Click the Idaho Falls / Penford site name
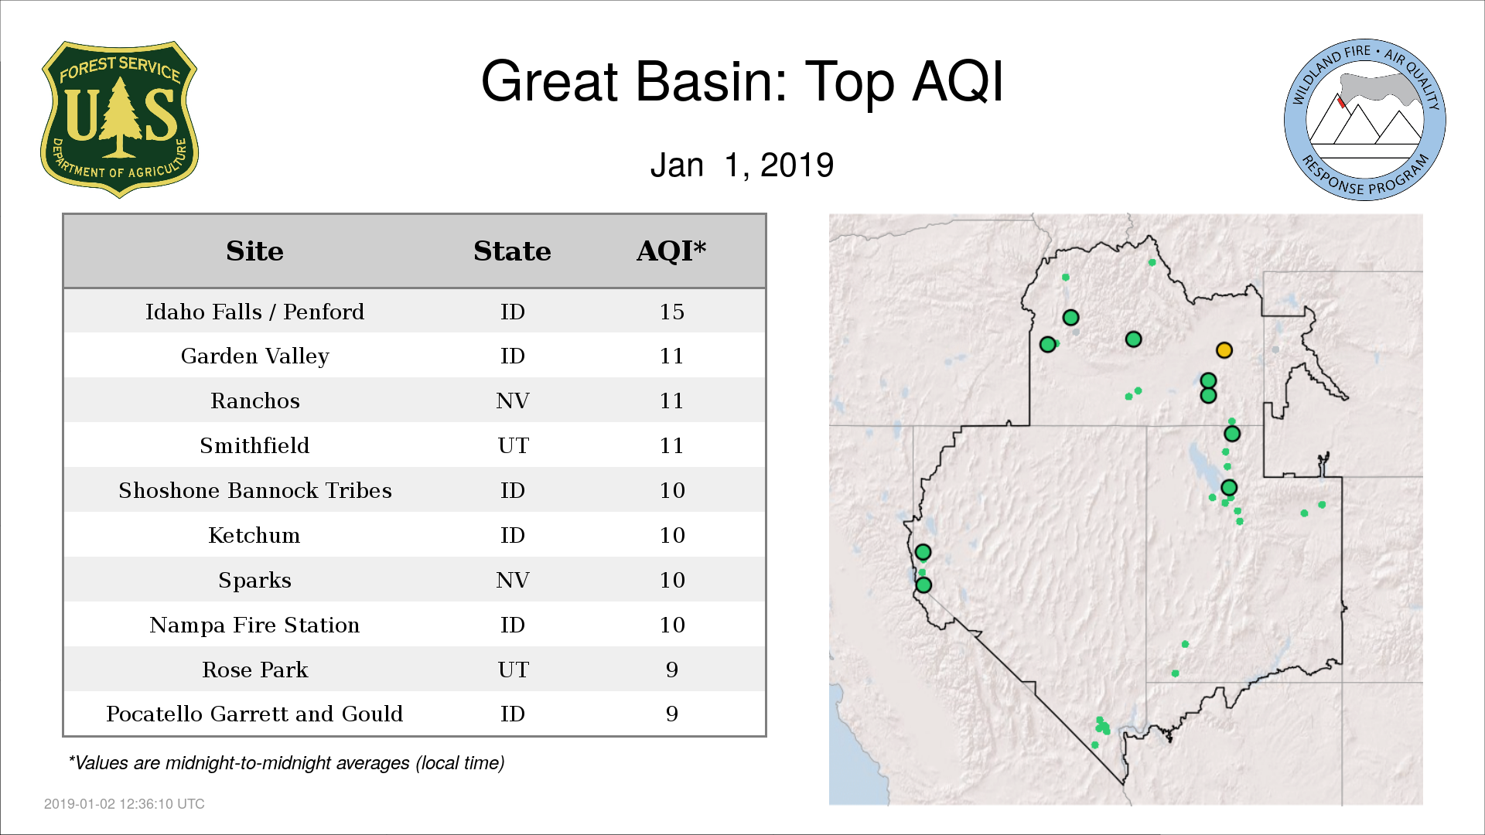point(254,312)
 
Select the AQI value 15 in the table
point(671,312)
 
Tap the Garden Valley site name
point(254,356)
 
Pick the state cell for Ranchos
point(512,400)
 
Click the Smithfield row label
point(254,445)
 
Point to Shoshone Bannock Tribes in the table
point(254,490)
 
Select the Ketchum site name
point(254,535)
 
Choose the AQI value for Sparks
point(671,580)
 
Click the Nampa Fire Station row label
point(254,625)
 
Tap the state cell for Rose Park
point(513,670)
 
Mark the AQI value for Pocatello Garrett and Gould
point(671,714)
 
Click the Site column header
point(254,251)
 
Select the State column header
point(512,251)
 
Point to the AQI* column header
point(671,250)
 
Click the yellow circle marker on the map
point(1224,350)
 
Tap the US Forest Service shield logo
point(119,120)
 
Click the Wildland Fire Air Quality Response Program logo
point(1365,120)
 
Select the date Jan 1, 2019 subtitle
point(742,165)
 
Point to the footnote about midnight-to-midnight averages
point(286,763)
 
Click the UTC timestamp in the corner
point(125,804)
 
